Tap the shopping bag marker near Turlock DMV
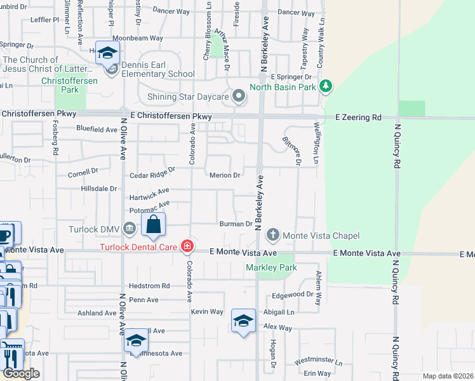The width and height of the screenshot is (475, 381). click(x=154, y=224)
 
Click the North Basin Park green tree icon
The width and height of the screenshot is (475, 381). click(x=326, y=86)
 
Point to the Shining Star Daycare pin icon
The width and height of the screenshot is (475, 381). click(x=239, y=97)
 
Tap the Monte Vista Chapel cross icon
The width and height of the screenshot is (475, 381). click(x=273, y=235)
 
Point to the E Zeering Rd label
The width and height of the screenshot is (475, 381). click(x=358, y=117)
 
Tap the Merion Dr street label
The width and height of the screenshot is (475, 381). click(x=225, y=175)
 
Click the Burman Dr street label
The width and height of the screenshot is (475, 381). click(x=236, y=224)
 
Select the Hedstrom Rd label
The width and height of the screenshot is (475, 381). click(x=149, y=286)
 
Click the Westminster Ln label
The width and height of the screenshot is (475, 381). click(x=315, y=361)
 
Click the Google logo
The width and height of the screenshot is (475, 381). click(x=21, y=373)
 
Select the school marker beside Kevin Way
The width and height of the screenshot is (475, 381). click(x=243, y=320)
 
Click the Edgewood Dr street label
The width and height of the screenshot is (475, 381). click(x=293, y=295)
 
